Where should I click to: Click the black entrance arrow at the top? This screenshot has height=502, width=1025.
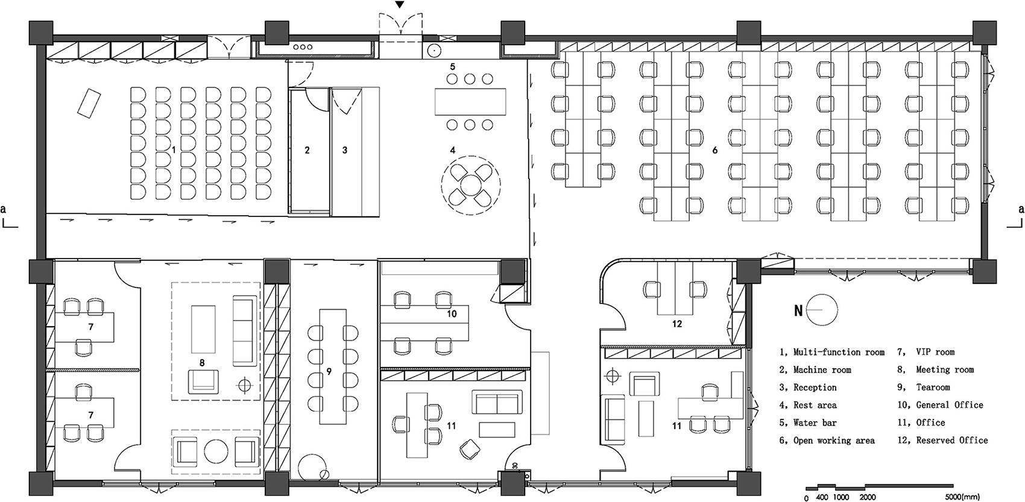[x=400, y=5]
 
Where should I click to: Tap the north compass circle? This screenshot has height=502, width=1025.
[x=822, y=310]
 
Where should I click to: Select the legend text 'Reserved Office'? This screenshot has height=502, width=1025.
[x=952, y=441]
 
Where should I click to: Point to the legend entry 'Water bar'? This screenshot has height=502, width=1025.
[x=815, y=423]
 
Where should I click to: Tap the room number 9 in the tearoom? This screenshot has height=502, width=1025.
[x=329, y=372]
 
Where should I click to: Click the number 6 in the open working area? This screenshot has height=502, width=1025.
[x=714, y=150]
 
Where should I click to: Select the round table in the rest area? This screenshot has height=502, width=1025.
[x=471, y=185]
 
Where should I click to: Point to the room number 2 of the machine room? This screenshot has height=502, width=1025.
[x=307, y=150]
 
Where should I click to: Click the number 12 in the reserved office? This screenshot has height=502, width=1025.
[x=677, y=324]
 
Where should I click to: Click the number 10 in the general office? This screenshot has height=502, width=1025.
[x=452, y=313]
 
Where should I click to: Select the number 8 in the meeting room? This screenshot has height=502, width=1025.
[x=202, y=363]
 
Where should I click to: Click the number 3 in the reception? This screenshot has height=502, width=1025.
[x=344, y=150]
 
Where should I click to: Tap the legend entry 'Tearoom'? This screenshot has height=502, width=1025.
[x=933, y=387]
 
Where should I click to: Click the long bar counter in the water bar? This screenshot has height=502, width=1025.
[x=470, y=102]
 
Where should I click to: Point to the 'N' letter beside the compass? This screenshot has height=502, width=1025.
[x=798, y=311]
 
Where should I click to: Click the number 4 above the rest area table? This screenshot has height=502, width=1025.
[x=453, y=150]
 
